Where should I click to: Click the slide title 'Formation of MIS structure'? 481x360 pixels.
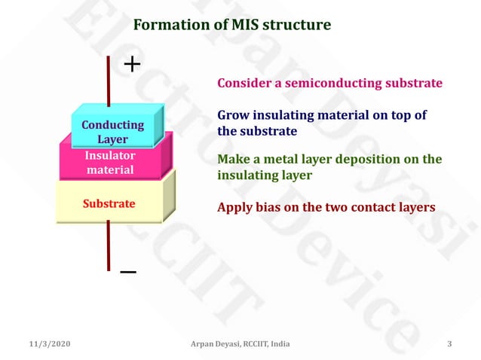coord(231,25)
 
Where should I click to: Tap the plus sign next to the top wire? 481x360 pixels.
coord(132,65)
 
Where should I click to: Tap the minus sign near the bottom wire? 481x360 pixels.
coord(128,272)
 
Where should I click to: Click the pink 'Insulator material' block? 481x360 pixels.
coord(110,163)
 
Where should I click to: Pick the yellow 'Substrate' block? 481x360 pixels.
coord(109,203)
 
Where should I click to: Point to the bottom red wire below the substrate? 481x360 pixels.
coord(109,245)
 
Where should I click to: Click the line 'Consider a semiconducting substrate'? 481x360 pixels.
coord(329,83)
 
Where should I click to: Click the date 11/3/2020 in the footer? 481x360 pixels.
coord(50,344)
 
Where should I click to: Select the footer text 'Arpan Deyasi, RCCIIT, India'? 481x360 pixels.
coord(240,344)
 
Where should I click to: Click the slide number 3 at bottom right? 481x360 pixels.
coord(449,344)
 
